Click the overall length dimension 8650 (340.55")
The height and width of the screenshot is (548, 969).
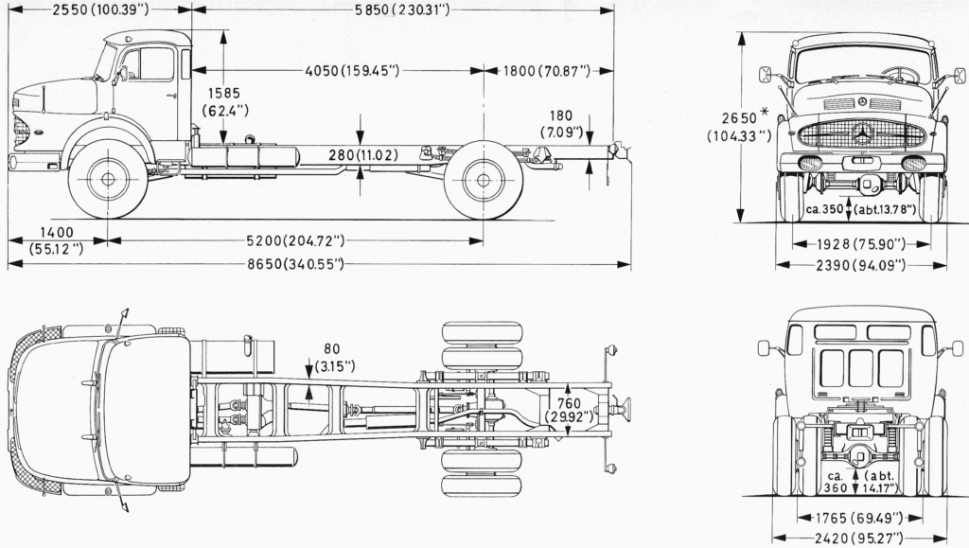(x=295, y=264)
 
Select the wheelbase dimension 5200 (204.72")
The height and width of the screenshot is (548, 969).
(x=295, y=240)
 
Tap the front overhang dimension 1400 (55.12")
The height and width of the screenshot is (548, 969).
(x=56, y=240)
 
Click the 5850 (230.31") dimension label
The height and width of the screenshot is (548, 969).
(x=402, y=9)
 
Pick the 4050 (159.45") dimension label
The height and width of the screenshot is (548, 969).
(x=352, y=70)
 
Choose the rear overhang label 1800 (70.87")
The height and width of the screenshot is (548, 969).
(x=546, y=70)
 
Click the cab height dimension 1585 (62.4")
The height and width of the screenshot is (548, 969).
(x=225, y=102)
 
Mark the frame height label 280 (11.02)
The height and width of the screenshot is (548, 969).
(x=362, y=154)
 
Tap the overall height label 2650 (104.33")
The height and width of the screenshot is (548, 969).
(x=740, y=127)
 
